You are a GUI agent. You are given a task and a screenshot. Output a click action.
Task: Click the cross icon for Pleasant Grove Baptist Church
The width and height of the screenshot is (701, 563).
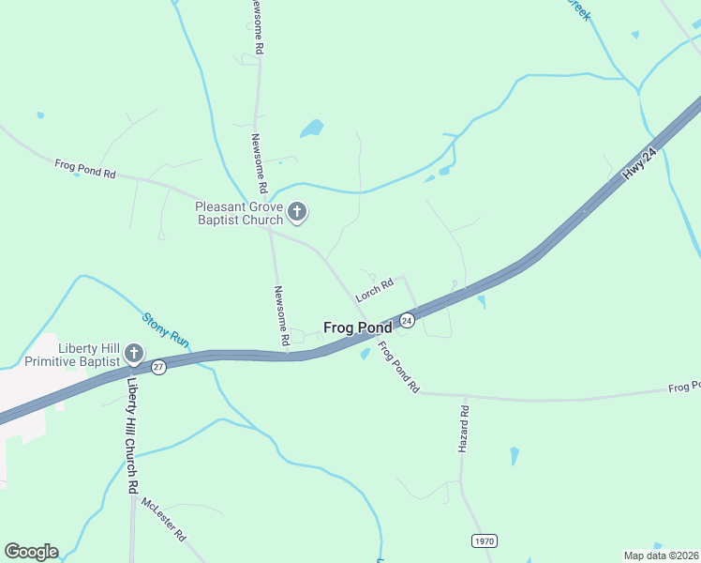click(x=297, y=213)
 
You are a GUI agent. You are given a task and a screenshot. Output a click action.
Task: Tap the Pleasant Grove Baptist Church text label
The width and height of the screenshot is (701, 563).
click(x=239, y=213)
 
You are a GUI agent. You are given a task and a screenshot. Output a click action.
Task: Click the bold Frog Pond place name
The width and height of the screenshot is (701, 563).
click(x=357, y=327)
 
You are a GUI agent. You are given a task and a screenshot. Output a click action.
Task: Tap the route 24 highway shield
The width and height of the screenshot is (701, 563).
click(x=407, y=321)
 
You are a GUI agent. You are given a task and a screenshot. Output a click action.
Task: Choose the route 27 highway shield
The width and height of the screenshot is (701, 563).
click(x=159, y=367)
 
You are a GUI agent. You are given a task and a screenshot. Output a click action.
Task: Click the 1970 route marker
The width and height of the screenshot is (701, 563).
click(x=484, y=541)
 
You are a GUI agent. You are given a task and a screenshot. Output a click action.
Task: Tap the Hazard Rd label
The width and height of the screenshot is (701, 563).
click(x=463, y=430)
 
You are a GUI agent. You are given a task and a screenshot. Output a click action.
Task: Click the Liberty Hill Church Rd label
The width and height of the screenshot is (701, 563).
click(x=133, y=433)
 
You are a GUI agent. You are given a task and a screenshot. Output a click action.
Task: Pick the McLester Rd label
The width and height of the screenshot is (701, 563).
click(x=164, y=519)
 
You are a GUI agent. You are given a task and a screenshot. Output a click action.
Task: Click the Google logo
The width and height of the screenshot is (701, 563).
click(x=31, y=552)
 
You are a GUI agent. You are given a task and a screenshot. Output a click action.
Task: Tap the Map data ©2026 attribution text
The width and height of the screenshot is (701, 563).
click(x=662, y=555)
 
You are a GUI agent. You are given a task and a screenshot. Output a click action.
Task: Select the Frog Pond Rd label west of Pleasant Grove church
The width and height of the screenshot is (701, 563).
click(x=84, y=169)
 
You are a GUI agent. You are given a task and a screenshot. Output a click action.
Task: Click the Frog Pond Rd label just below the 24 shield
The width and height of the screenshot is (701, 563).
click(x=398, y=366)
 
